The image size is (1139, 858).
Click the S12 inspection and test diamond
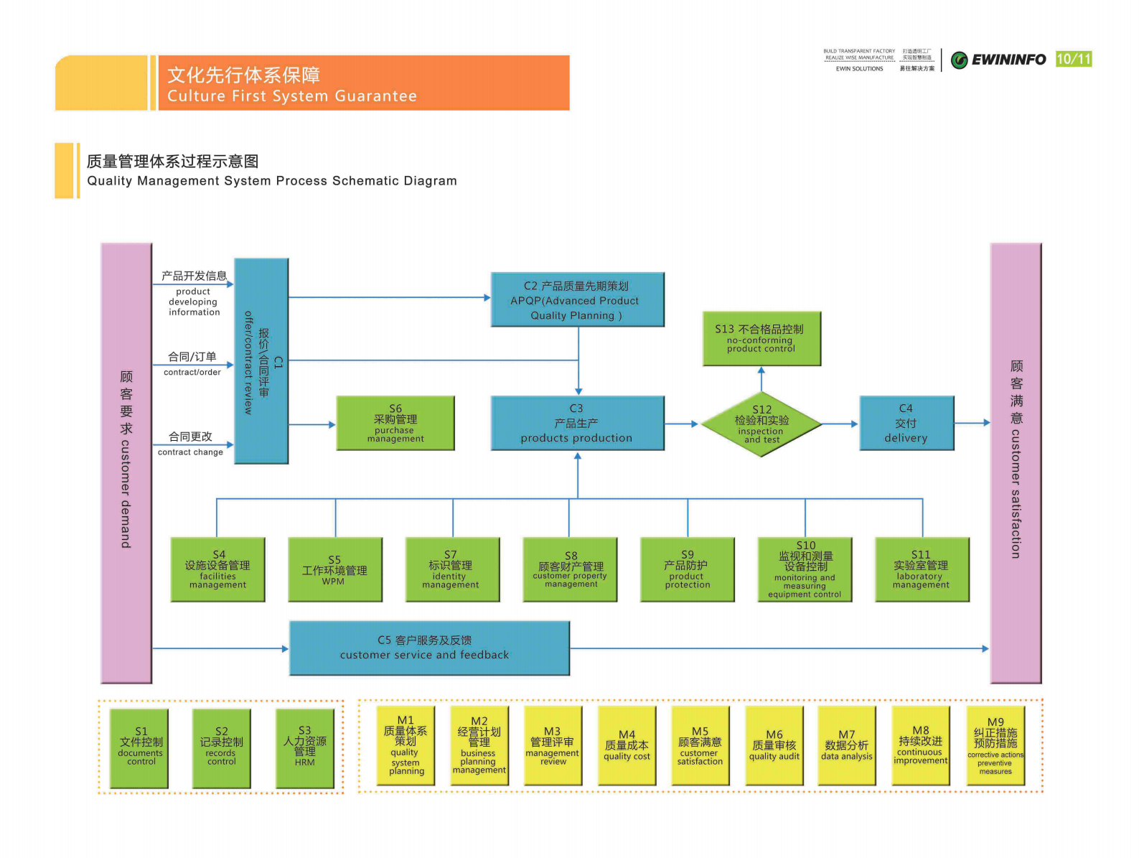(x=761, y=424)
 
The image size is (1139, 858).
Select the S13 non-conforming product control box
(x=761, y=338)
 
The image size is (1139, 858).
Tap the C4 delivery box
(x=906, y=423)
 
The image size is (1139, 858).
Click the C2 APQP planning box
(x=577, y=299)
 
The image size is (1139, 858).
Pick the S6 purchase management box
(x=395, y=423)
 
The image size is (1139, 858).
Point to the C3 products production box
(x=577, y=423)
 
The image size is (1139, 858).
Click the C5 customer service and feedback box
(x=429, y=648)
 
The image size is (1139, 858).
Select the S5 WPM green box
(x=334, y=569)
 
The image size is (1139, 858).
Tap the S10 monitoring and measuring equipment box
(x=805, y=569)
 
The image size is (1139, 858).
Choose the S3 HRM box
(x=305, y=748)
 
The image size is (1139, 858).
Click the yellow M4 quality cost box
(x=627, y=745)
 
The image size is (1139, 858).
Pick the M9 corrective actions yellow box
(x=995, y=745)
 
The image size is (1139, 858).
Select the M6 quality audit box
(x=774, y=745)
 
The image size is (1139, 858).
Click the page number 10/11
(x=1074, y=59)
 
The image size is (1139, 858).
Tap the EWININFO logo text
(x=1008, y=60)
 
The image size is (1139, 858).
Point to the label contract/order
(x=192, y=372)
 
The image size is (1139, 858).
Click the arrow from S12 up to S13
(x=761, y=378)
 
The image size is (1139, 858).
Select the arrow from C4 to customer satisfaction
(x=972, y=423)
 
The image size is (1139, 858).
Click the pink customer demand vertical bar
(x=126, y=462)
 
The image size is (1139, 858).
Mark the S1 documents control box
(x=140, y=748)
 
